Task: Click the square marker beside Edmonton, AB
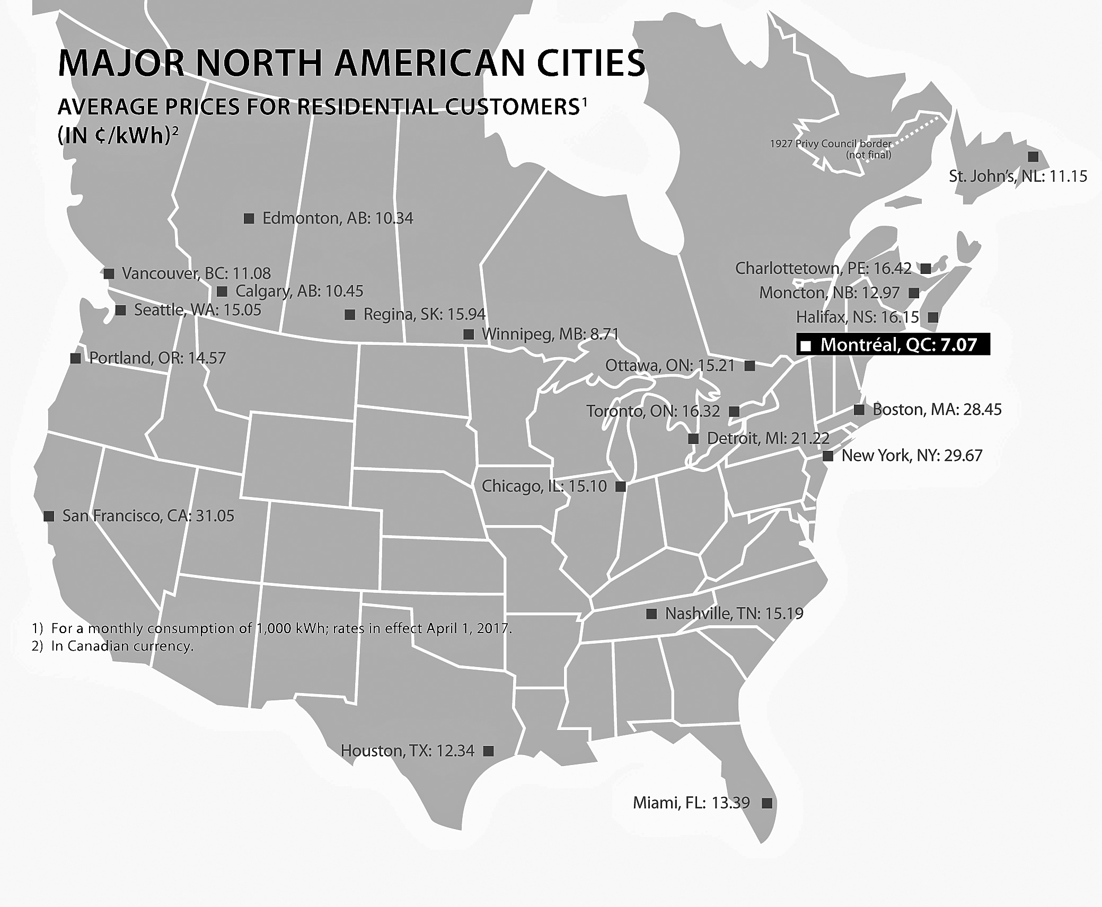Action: [x=249, y=218]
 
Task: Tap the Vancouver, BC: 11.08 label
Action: [x=196, y=273]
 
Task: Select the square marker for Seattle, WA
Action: [x=121, y=310]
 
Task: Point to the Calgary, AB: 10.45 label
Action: [x=299, y=291]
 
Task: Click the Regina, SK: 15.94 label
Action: [x=424, y=315]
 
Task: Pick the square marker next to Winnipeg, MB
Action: [x=469, y=334]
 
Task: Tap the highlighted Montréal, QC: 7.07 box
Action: [x=893, y=345]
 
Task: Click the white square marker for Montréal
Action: [x=806, y=346]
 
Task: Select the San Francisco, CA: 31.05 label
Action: [x=148, y=516]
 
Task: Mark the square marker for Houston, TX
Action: [x=489, y=751]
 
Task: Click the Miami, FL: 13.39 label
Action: [x=691, y=803]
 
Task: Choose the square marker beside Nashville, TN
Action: [x=651, y=614]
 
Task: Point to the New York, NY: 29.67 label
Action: [x=912, y=456]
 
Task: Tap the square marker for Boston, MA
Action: [x=859, y=410]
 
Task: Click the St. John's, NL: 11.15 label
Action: [x=1018, y=176]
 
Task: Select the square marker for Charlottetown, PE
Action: [x=926, y=269]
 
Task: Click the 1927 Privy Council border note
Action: [x=831, y=149]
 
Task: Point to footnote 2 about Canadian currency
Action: [x=113, y=646]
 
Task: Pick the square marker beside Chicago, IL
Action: [x=621, y=486]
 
